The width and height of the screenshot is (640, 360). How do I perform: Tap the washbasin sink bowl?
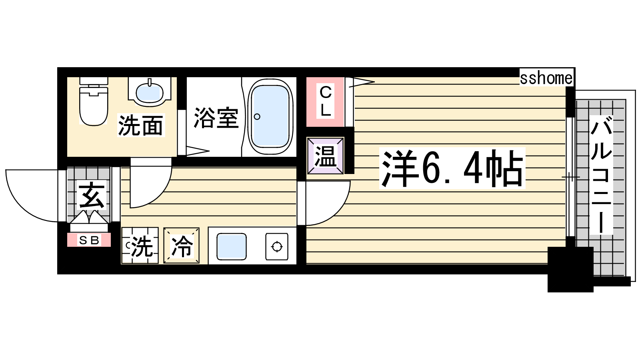pyautogui.click(x=150, y=92)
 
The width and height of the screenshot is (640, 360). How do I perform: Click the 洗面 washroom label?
pyautogui.click(x=140, y=125)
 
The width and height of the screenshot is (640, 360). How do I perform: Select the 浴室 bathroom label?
pyautogui.click(x=216, y=118)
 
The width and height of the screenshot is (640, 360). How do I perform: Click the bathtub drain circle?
pyautogui.click(x=257, y=116)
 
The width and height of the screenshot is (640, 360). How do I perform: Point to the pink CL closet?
pyautogui.click(x=325, y=102)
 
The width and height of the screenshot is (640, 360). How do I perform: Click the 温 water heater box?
pyautogui.click(x=326, y=156)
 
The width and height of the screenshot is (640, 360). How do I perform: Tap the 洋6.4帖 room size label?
pyautogui.click(x=452, y=168)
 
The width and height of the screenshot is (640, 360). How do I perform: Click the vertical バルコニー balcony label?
pyautogui.click(x=602, y=175)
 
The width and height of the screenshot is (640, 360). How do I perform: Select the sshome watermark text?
pyautogui.click(x=546, y=78)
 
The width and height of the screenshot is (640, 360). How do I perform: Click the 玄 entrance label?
pyautogui.click(x=92, y=196)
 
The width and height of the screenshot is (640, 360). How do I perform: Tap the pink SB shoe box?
pyautogui.click(x=89, y=240)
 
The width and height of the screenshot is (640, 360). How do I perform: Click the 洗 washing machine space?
pyautogui.click(x=140, y=246)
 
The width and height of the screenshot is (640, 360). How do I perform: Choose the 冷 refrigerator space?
pyautogui.click(x=182, y=246)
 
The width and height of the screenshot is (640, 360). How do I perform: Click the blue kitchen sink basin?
pyautogui.click(x=232, y=246)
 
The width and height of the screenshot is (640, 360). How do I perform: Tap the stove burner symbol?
pyautogui.click(x=277, y=246)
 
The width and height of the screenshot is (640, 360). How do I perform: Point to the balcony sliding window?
pyautogui.click(x=570, y=177)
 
